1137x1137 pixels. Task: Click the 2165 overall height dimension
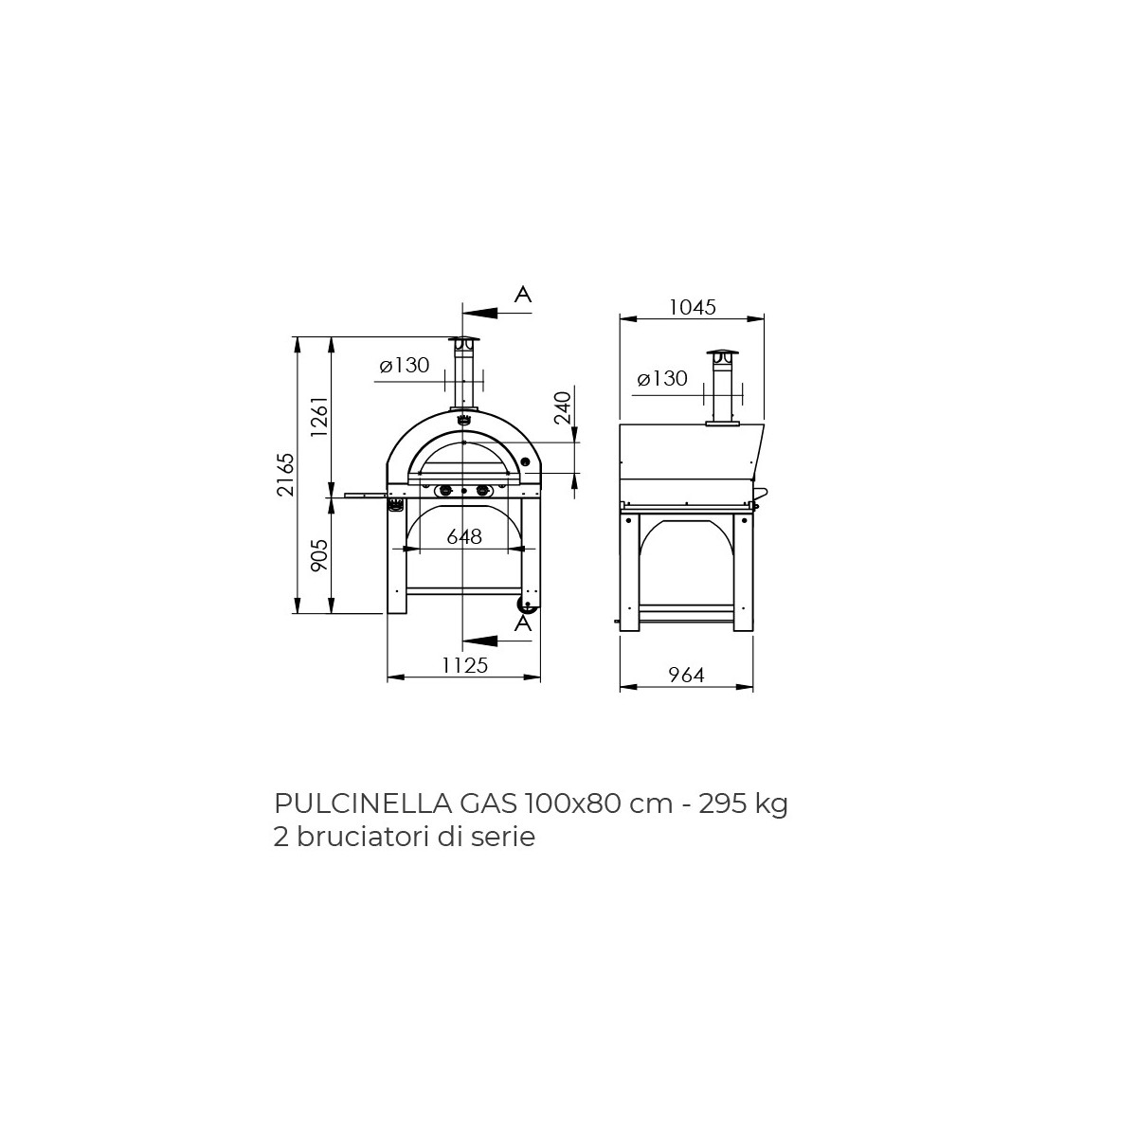coord(287,475)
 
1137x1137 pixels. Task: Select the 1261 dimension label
coord(320,416)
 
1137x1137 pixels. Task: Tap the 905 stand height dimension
coord(319,555)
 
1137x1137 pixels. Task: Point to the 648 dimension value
coord(464,536)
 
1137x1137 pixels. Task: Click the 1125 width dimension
coord(465,665)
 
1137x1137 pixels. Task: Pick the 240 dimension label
coord(564,407)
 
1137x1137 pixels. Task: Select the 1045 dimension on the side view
coord(692,307)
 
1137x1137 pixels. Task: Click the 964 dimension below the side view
coord(687,675)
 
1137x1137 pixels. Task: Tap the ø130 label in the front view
coord(405,365)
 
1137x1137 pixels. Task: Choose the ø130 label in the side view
coord(662,378)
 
